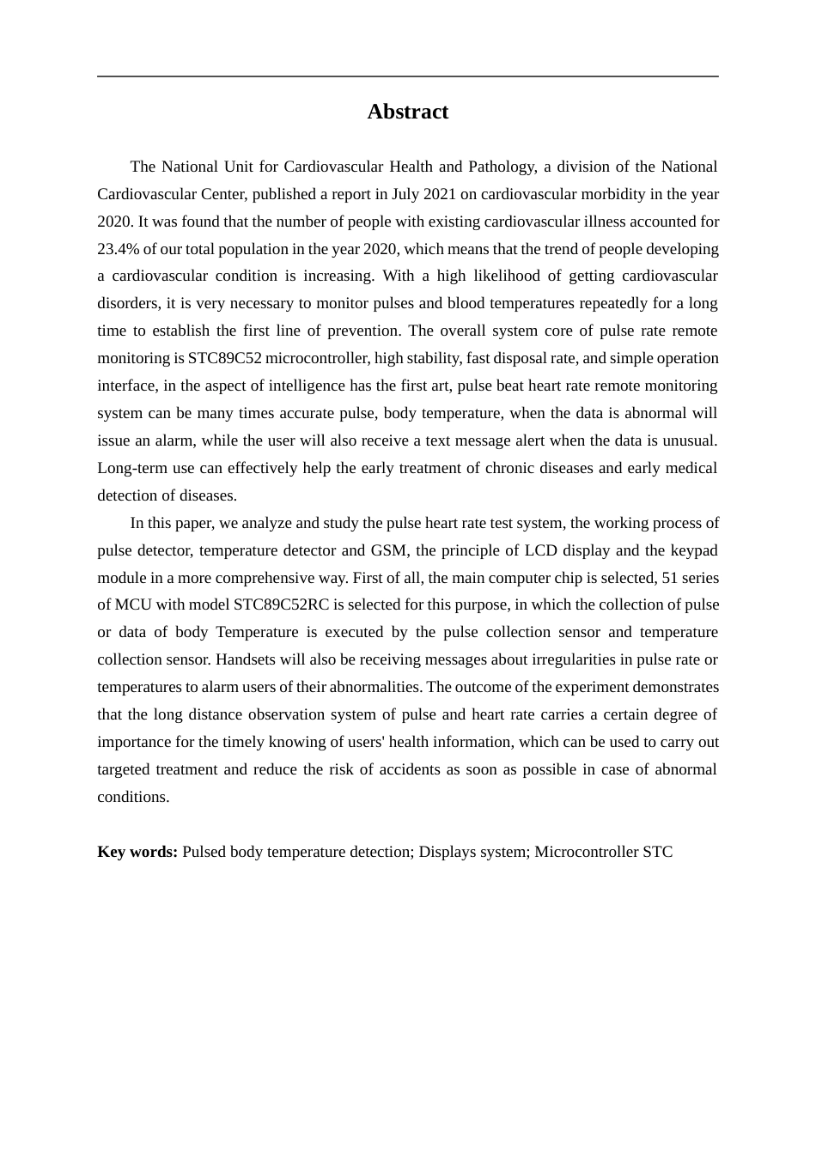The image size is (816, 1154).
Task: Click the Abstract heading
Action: tap(407, 112)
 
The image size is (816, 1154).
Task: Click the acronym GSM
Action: tap(388, 550)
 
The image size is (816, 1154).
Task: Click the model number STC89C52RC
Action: tap(281, 604)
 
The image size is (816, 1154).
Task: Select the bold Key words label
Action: tap(137, 852)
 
